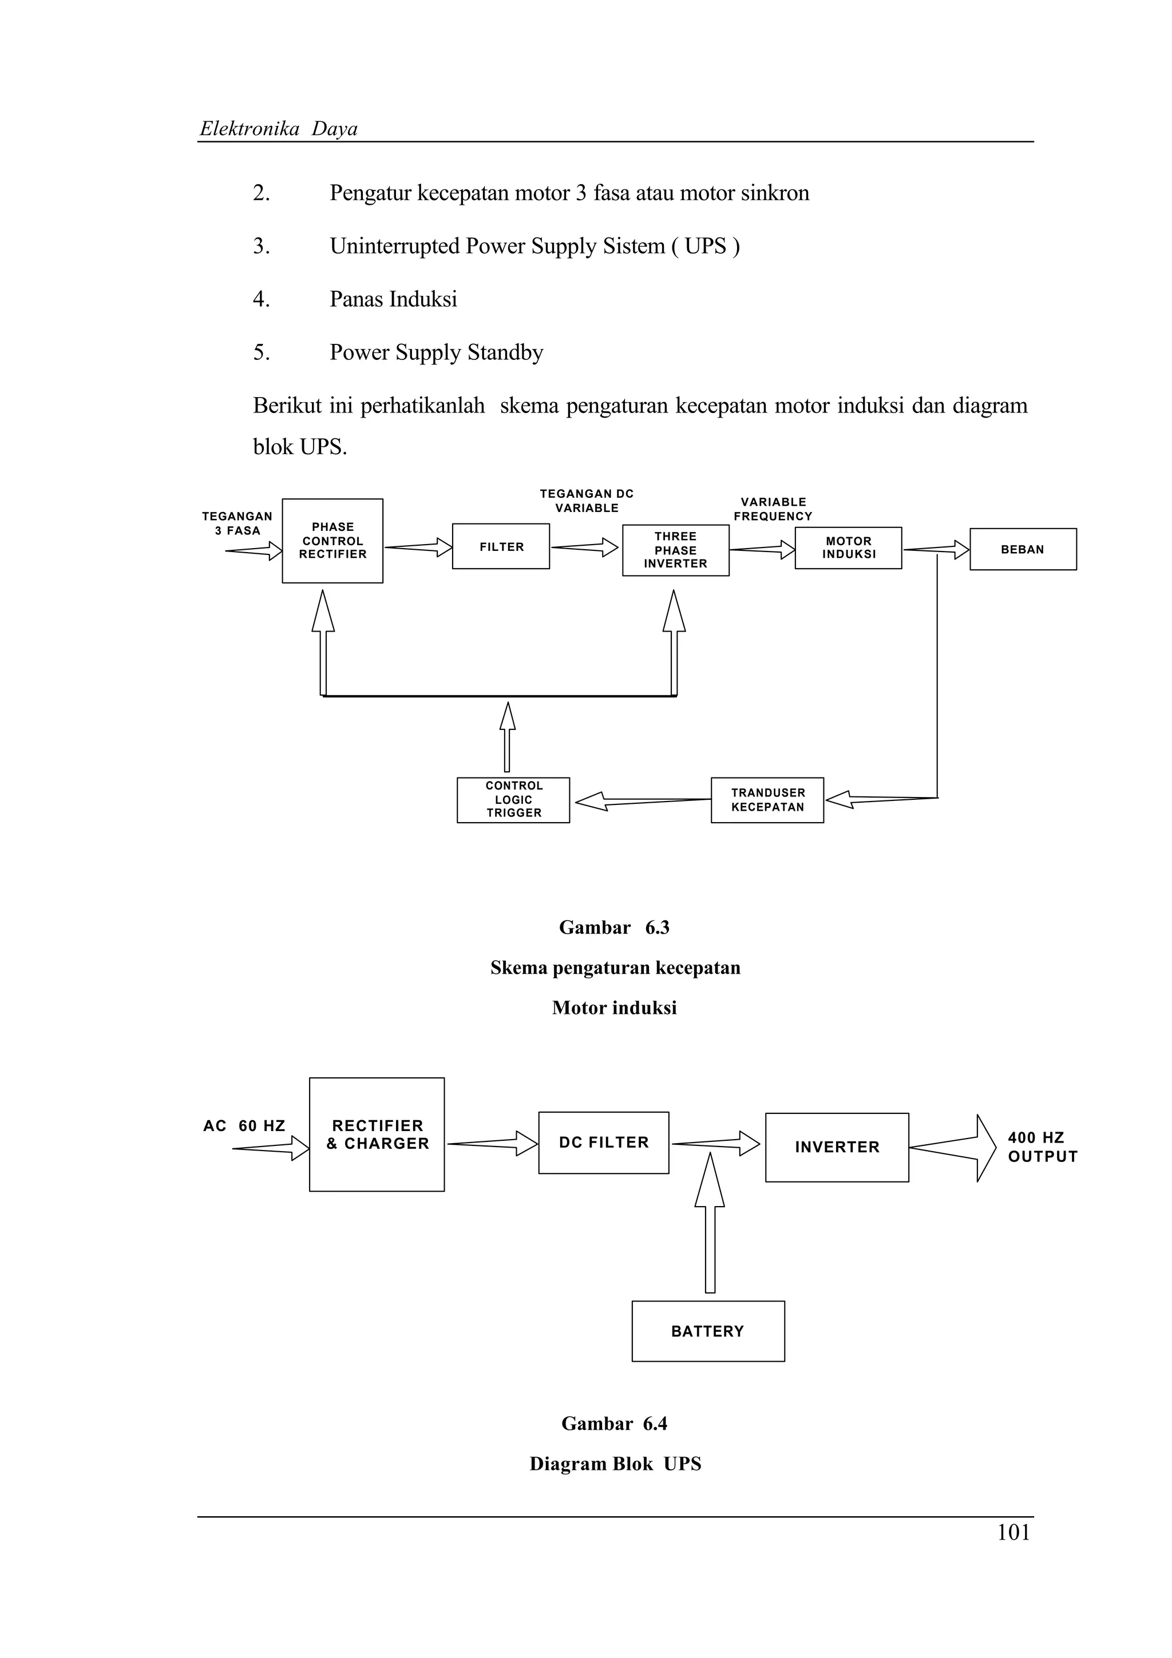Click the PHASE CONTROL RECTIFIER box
click(332, 541)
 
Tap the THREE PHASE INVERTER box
click(675, 550)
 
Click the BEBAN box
click(1023, 550)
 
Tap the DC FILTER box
click(604, 1143)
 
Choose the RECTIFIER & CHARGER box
click(377, 1135)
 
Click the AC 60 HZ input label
click(244, 1126)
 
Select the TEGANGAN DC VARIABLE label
click(587, 501)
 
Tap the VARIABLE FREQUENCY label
click(773, 509)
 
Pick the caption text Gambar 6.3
click(614, 927)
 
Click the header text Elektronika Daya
click(279, 129)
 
